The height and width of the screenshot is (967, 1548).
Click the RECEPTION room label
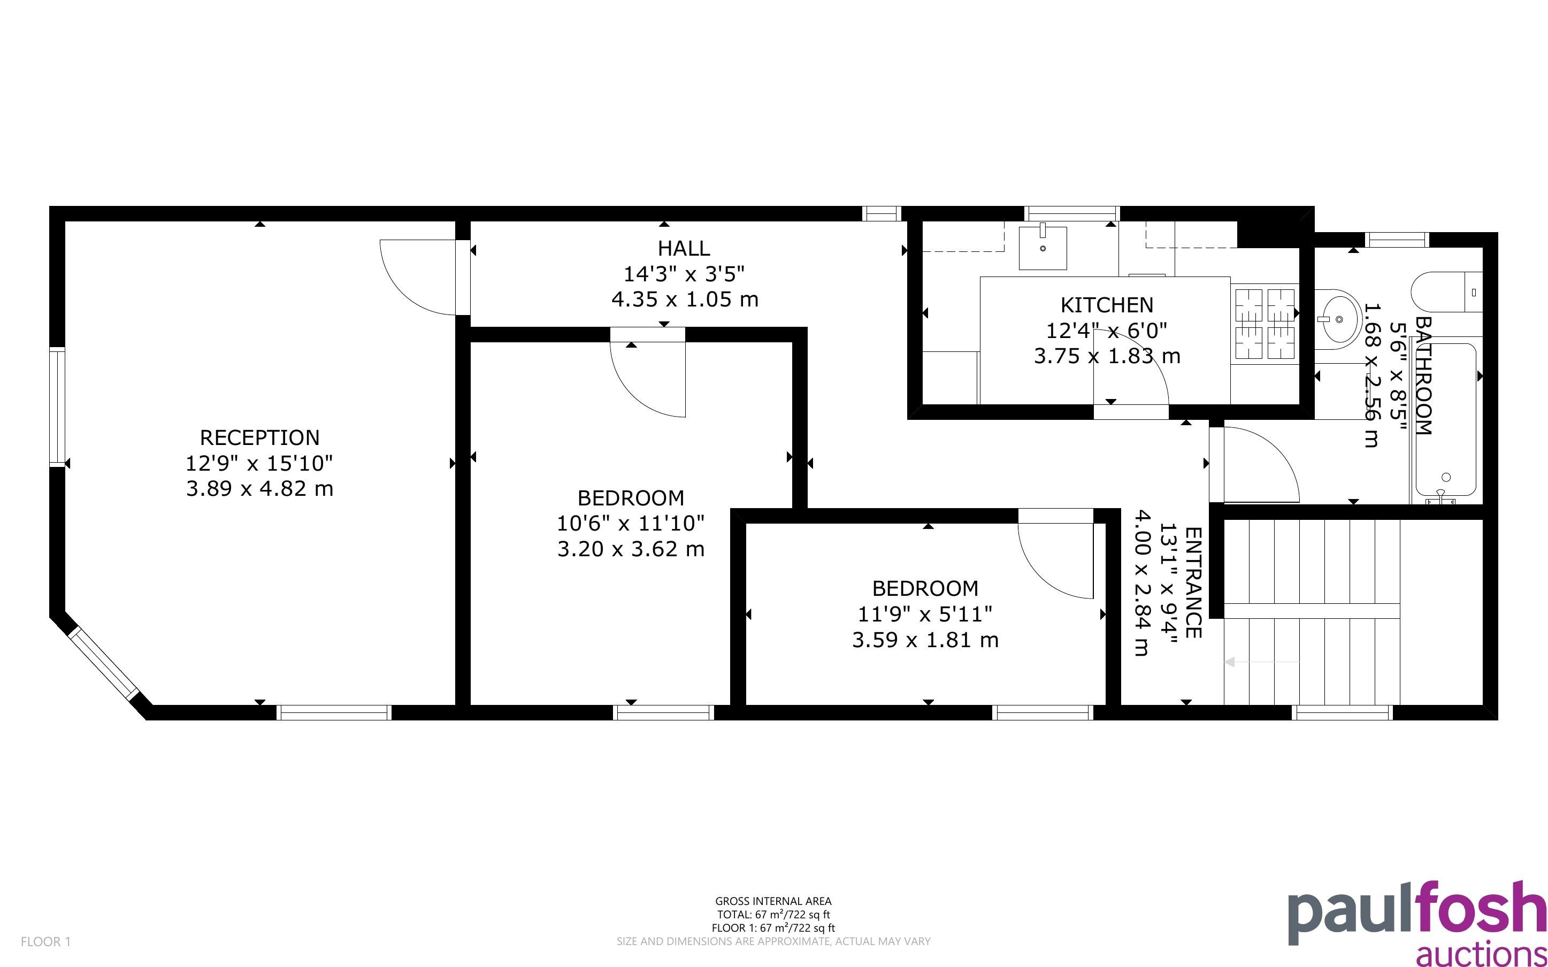[x=259, y=438]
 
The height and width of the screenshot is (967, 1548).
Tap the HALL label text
[x=684, y=248]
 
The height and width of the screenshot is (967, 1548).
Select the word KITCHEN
[x=1107, y=305]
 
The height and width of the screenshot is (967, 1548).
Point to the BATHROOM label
[x=1423, y=376]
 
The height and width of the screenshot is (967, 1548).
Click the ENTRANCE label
[x=1193, y=582]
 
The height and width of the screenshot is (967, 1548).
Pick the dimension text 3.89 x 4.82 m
[x=259, y=489]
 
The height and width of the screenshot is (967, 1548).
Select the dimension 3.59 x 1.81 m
[x=925, y=640]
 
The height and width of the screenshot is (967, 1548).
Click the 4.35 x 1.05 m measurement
[x=685, y=300]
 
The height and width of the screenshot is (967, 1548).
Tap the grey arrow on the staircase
[x=1261, y=663]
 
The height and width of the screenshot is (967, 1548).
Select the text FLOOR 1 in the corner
[x=45, y=942]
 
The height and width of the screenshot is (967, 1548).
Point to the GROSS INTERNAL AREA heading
[x=773, y=902]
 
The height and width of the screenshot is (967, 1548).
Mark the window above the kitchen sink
[x=1072, y=213]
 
